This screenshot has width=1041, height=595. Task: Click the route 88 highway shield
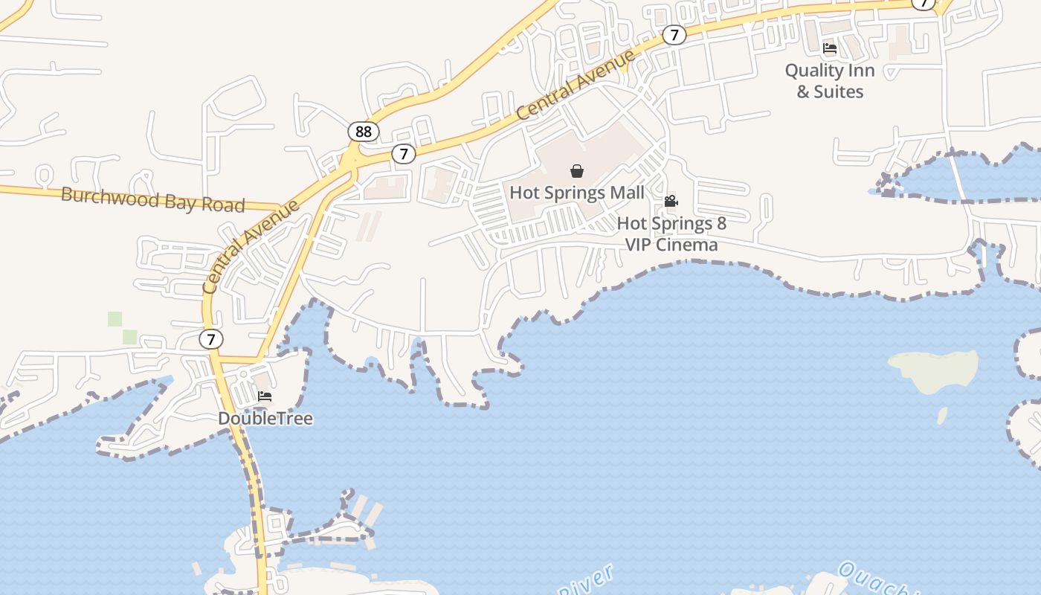tap(363, 132)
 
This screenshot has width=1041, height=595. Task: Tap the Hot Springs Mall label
tap(576, 193)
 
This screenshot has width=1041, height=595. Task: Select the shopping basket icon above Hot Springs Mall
tap(577, 171)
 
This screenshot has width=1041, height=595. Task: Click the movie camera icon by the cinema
tap(671, 201)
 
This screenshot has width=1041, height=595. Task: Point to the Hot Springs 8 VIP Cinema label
tap(671, 234)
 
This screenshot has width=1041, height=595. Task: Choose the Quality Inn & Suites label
tap(830, 81)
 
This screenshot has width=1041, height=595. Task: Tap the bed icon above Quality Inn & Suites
tap(830, 48)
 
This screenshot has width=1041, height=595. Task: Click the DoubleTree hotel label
tap(265, 419)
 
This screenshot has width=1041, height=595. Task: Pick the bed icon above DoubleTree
tap(265, 396)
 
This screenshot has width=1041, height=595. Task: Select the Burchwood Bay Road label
tap(152, 199)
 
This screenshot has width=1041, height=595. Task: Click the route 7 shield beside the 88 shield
tap(403, 154)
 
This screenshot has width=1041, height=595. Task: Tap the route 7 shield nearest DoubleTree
tap(211, 339)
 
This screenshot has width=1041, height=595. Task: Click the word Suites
tap(839, 91)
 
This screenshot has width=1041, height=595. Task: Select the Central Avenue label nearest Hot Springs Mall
tap(575, 85)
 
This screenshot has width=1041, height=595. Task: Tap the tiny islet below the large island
tap(942, 415)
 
